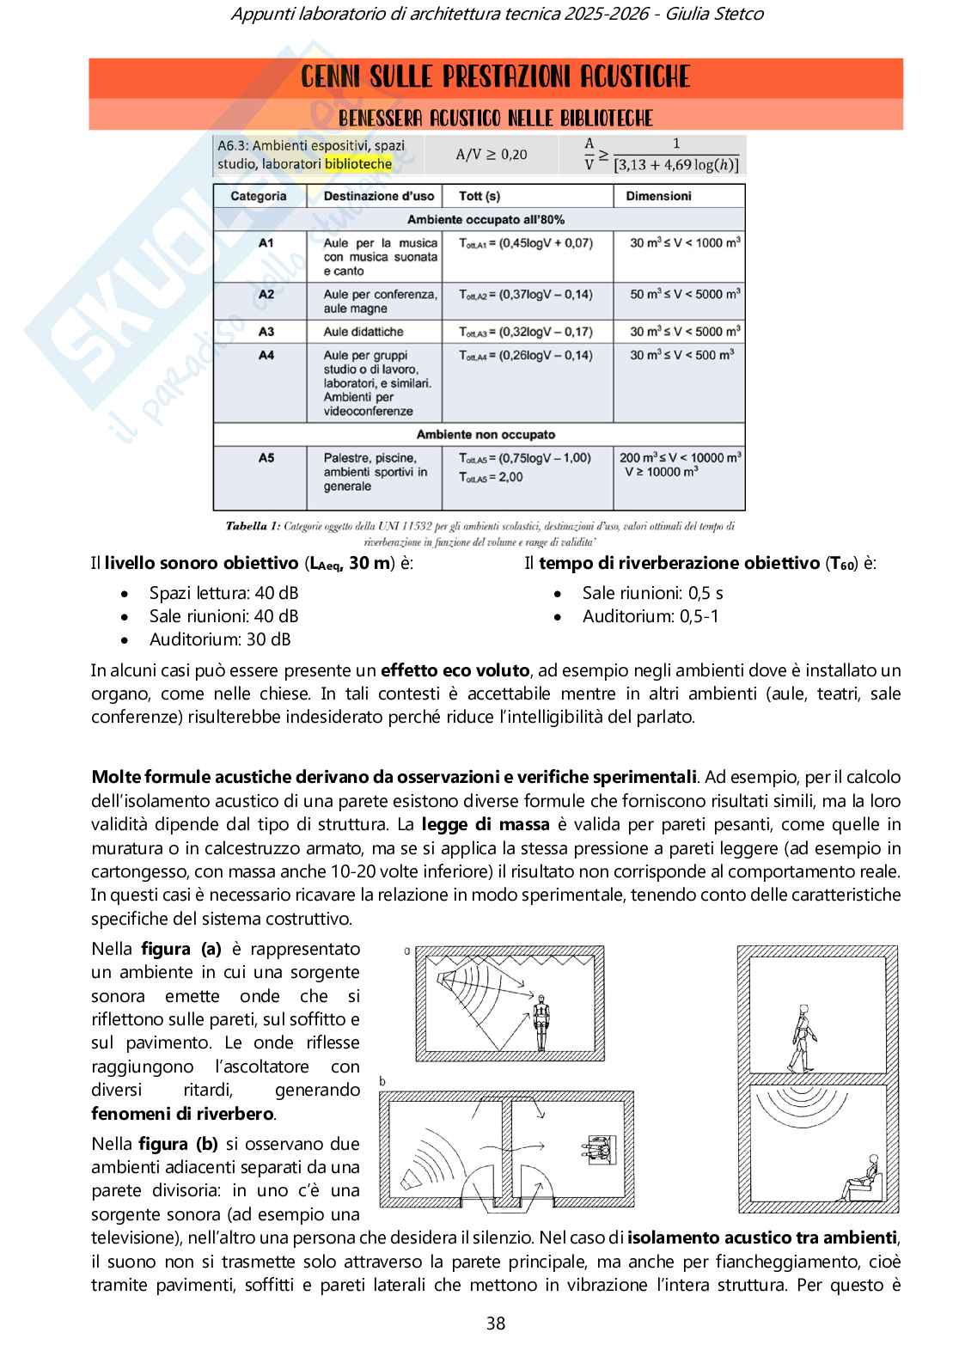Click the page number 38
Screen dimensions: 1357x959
[x=496, y=1323]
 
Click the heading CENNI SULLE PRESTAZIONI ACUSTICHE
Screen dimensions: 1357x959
[x=496, y=78]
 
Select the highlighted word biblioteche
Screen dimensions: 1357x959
[x=357, y=163]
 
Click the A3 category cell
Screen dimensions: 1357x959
[x=266, y=332]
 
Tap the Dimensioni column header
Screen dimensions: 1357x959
[x=658, y=196]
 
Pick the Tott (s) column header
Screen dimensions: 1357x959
[x=479, y=196]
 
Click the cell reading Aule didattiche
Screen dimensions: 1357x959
[x=363, y=332]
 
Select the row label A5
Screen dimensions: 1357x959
[x=266, y=458]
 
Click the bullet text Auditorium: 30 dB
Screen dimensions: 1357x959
[x=220, y=639]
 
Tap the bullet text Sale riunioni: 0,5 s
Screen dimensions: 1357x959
[x=652, y=593]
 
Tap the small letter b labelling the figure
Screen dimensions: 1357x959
[x=382, y=1080]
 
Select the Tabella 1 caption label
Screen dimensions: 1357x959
[x=252, y=525]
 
